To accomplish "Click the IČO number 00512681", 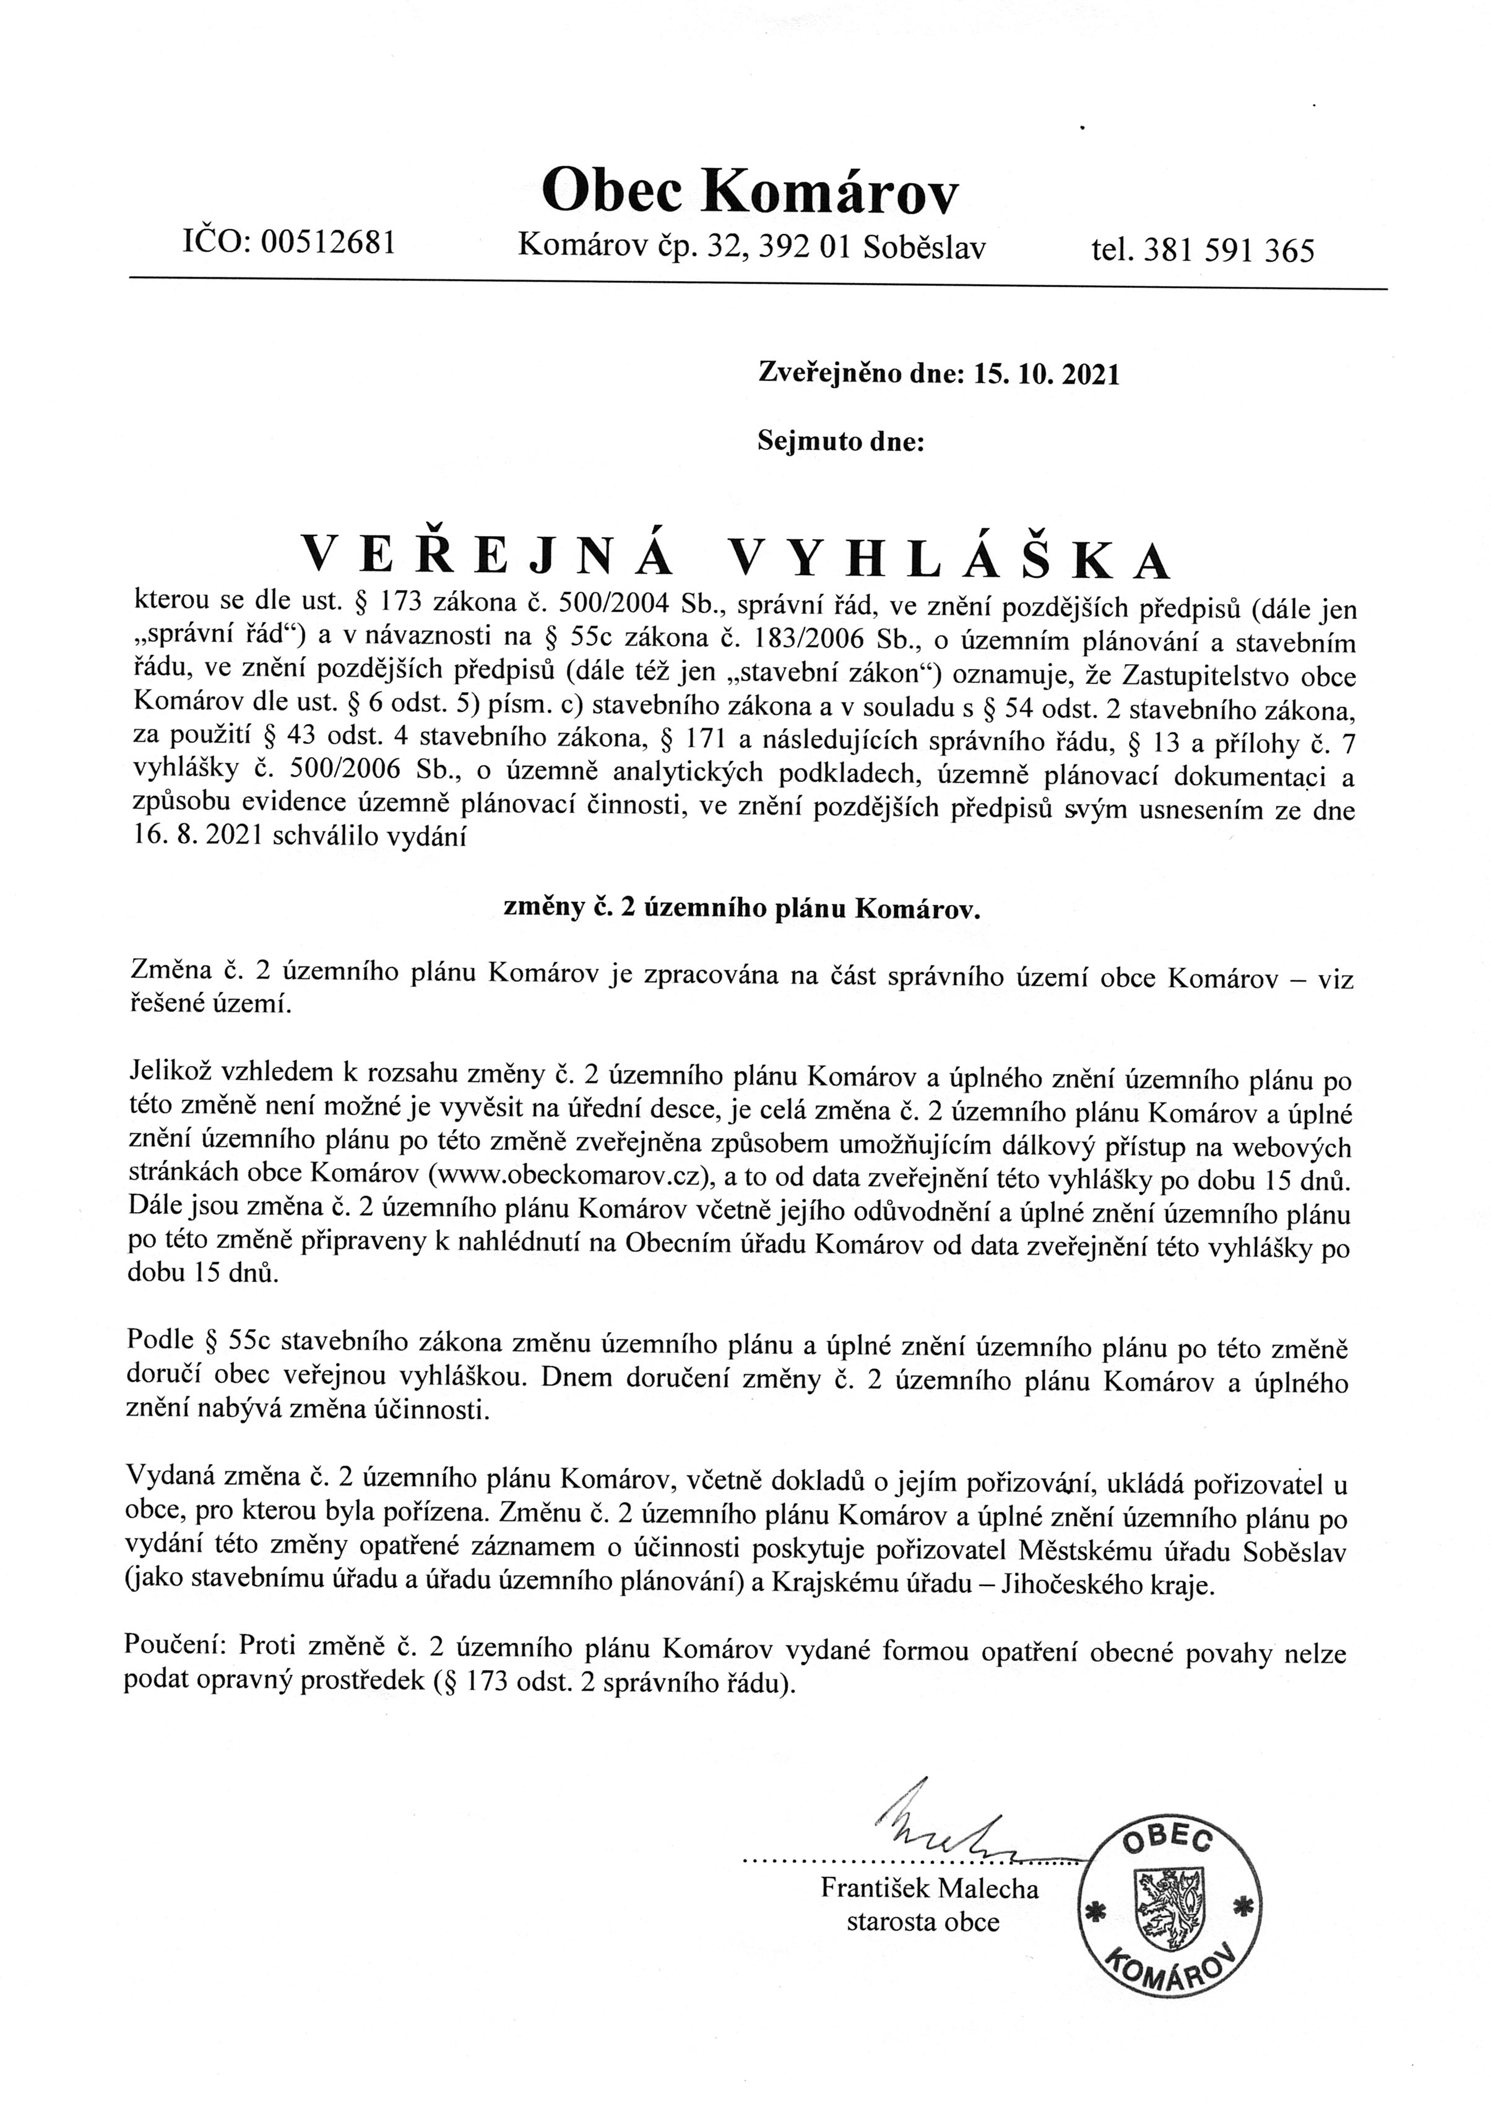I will (328, 243).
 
